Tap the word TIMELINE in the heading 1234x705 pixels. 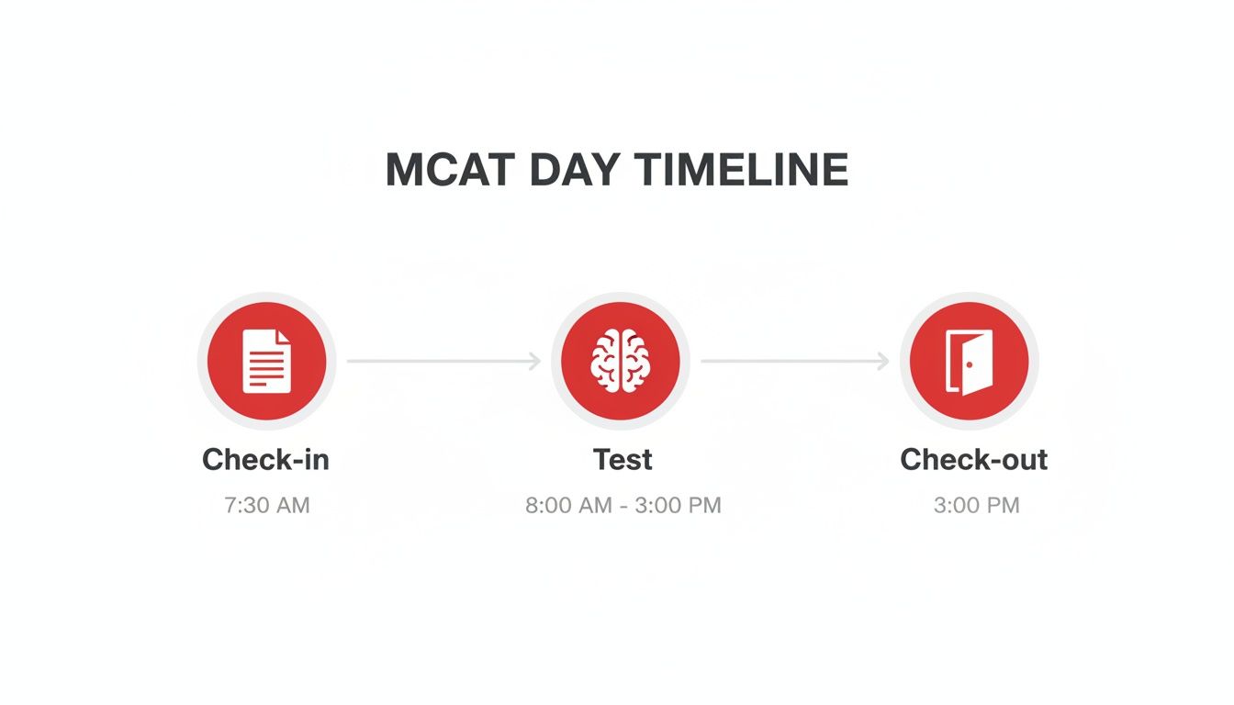pos(741,171)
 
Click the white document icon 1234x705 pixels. pos(266,361)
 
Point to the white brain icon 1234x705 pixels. pos(619,361)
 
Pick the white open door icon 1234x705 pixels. pos(970,362)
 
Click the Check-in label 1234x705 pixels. pos(265,459)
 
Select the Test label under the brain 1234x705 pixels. pos(623,459)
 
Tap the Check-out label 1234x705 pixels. pos(973,459)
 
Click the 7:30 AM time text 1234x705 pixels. pos(267,505)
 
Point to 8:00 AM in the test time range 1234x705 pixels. pos(566,505)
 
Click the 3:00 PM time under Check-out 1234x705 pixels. pos(976,505)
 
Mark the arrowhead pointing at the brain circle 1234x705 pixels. pos(534,362)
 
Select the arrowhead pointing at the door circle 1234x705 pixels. pos(883,362)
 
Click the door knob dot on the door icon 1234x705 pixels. pos(969,364)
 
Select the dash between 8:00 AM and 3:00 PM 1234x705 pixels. pos(623,506)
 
